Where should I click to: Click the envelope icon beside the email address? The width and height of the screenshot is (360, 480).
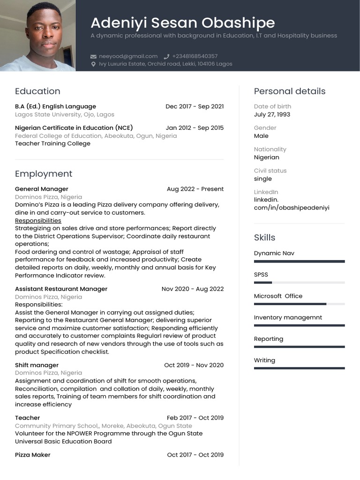point(93,56)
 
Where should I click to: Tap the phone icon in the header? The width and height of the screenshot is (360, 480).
point(166,56)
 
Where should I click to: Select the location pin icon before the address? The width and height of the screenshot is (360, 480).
point(93,64)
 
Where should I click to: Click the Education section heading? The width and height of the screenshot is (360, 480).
point(37,91)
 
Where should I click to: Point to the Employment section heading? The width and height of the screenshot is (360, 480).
point(44,174)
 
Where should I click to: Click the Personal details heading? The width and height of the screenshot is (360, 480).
point(289,91)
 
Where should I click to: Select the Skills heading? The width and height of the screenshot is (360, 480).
point(264,238)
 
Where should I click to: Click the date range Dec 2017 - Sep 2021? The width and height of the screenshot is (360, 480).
point(195,106)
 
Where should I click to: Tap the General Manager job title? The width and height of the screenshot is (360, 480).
point(42,189)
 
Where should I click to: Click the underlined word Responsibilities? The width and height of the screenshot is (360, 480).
point(38,221)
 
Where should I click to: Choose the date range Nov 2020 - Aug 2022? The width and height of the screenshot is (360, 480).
point(193,289)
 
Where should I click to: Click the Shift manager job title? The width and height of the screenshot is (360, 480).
point(37,365)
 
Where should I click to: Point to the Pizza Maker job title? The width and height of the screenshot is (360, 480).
point(32,455)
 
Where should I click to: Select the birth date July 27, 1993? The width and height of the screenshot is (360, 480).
point(272,114)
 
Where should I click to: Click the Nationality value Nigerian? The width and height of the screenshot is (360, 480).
point(266,157)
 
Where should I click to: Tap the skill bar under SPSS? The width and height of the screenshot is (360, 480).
point(299,283)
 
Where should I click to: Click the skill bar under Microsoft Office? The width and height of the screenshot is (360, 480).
point(299,304)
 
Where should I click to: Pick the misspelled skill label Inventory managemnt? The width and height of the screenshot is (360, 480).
point(288,317)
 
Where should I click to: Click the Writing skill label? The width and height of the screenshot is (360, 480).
point(264,360)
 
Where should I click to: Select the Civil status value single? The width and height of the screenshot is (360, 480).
point(262,179)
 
